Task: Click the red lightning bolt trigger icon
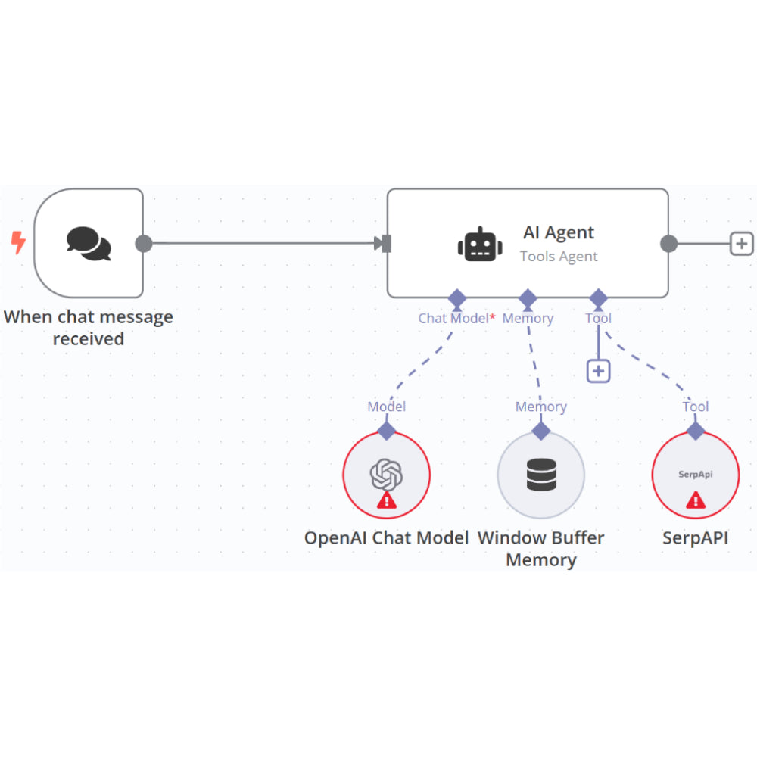pyautogui.click(x=18, y=243)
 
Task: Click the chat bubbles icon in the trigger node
pyautogui.click(x=89, y=243)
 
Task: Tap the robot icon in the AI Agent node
pyautogui.click(x=480, y=245)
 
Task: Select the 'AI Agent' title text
pyautogui.click(x=559, y=232)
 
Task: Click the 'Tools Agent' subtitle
pyautogui.click(x=559, y=257)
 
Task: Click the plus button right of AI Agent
pyautogui.click(x=741, y=244)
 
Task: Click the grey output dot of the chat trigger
pyautogui.click(x=143, y=244)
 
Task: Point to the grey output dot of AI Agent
pyautogui.click(x=668, y=244)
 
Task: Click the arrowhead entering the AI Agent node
pyautogui.click(x=380, y=244)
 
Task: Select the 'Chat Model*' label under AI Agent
pyautogui.click(x=456, y=319)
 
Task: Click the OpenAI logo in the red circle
pyautogui.click(x=386, y=475)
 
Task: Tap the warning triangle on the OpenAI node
pyautogui.click(x=386, y=500)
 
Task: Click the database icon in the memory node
pyautogui.click(x=540, y=475)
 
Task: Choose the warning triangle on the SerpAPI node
pyautogui.click(x=695, y=500)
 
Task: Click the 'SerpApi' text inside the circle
pyautogui.click(x=695, y=475)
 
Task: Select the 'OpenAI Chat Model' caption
pyautogui.click(x=386, y=538)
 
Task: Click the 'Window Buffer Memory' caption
pyautogui.click(x=540, y=549)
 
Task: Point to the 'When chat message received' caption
pyautogui.click(x=89, y=328)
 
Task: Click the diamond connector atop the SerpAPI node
pyautogui.click(x=695, y=431)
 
